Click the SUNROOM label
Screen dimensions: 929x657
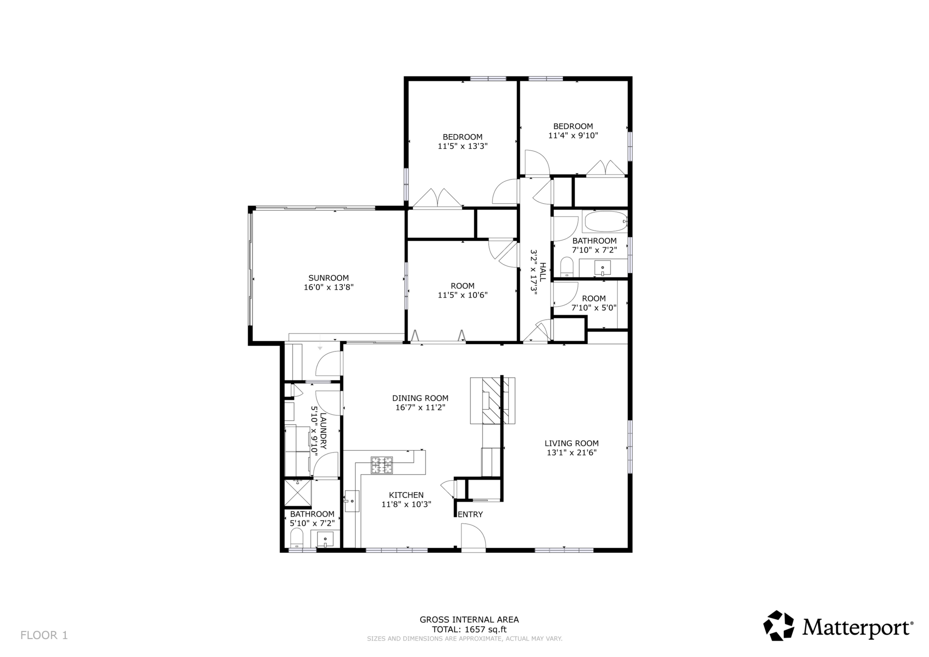tap(329, 278)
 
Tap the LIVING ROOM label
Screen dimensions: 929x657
tap(571, 443)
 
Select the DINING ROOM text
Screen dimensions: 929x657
tap(421, 398)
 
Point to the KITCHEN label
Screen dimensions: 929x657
tap(406, 495)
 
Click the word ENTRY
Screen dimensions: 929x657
tap(470, 514)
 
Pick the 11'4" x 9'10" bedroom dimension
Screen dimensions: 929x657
tap(573, 135)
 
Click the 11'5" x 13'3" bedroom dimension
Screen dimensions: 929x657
tap(463, 146)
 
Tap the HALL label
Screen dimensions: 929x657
tap(543, 272)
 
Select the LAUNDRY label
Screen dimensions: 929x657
tap(323, 431)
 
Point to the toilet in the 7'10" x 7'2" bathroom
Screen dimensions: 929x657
tap(567, 267)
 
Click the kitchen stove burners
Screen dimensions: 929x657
tap(382, 465)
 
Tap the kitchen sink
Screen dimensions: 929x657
tap(352, 501)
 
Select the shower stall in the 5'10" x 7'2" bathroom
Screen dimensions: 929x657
tap(298, 492)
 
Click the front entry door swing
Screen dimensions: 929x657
tap(473, 537)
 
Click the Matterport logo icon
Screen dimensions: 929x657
tap(779, 626)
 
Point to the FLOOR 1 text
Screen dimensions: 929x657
tap(44, 635)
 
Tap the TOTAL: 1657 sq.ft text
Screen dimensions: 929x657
tap(469, 629)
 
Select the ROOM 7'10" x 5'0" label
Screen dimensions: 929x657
tap(594, 303)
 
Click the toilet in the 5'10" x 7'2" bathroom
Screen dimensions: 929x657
tap(297, 538)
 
